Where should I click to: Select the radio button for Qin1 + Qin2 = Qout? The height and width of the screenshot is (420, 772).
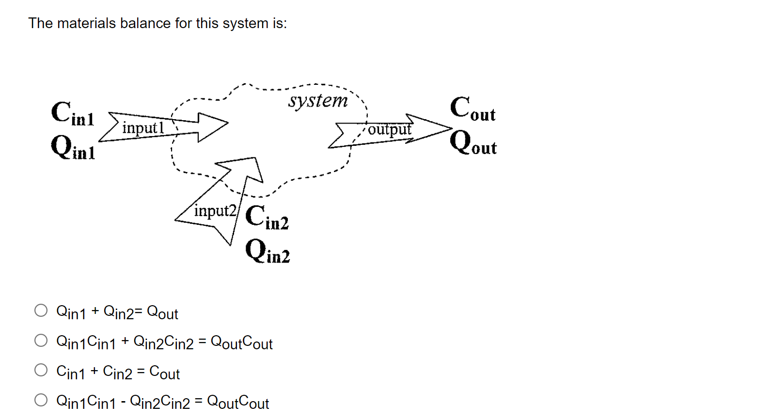41,311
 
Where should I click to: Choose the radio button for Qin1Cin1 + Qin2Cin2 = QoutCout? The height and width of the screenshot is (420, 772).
41,341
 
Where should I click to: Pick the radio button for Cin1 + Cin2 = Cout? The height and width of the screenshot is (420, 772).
41,371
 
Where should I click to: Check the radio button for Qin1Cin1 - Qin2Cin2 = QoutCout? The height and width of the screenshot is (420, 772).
41,400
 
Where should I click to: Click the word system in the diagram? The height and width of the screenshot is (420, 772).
318,101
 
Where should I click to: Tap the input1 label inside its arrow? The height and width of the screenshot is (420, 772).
143,128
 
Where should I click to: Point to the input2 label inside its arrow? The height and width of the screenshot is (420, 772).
215,211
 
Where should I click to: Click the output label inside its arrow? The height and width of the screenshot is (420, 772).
389,129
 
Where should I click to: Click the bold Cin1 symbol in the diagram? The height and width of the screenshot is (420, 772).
73,114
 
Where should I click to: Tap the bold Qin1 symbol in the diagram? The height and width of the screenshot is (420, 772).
73,147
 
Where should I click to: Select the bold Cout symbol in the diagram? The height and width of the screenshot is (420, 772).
473,109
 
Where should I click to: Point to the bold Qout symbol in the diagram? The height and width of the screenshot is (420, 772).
473,143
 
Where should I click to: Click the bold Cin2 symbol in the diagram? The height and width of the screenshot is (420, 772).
267,217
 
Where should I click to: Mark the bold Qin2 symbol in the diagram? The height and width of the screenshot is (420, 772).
268,252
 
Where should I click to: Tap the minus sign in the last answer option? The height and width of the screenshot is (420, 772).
124,401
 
